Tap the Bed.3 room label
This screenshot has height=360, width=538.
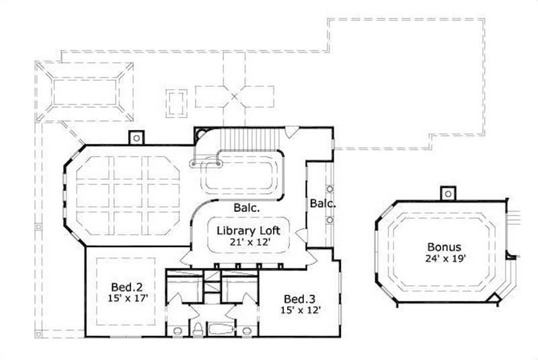pyautogui.click(x=296, y=298)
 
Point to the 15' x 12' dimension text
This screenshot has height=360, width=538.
pyautogui.click(x=296, y=310)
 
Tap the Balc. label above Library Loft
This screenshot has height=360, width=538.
pyautogui.click(x=246, y=209)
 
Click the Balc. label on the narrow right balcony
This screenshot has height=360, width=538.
pyautogui.click(x=322, y=203)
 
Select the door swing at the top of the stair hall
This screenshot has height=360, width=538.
pyautogui.click(x=291, y=132)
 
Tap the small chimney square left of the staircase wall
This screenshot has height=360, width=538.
pyautogui.click(x=137, y=137)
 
